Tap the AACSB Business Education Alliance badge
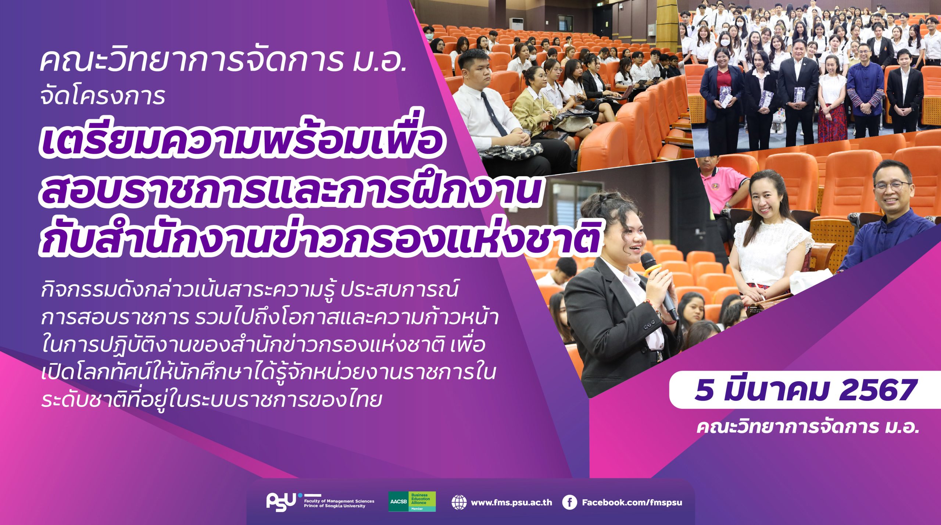pyautogui.click(x=412, y=501)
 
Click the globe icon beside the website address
pyautogui.click(x=459, y=503)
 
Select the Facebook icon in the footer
pyautogui.click(x=569, y=503)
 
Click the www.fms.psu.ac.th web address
pyautogui.click(x=511, y=503)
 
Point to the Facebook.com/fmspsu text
pyautogui.click(x=632, y=503)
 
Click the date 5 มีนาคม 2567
pyautogui.click(x=804, y=390)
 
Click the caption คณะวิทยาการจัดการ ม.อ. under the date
pyautogui.click(x=807, y=428)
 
